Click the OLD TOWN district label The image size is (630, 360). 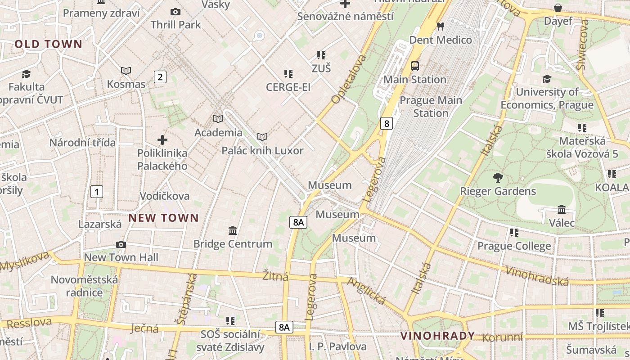pos(49,44)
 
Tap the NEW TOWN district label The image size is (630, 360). pos(163,218)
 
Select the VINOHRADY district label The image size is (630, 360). pos(437,336)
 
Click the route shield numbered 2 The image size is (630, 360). pos(160,77)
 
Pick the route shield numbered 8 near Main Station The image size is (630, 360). pos(386,123)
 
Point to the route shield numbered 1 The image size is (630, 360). pos(96,192)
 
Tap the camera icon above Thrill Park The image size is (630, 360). pos(175,12)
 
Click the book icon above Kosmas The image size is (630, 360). pos(126,71)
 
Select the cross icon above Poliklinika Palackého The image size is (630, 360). pos(162,140)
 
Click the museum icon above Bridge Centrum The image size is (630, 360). pos(233,231)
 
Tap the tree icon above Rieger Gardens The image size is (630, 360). pos(498,178)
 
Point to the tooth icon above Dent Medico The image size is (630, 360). pos(441,27)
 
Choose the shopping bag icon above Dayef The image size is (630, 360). pos(558,8)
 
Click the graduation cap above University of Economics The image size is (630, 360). pos(547,79)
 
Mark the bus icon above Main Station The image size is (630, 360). pos(415,66)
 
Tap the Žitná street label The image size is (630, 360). pos(275,276)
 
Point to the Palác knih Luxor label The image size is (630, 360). pos(262,151)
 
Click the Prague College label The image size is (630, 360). pos(514,246)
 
